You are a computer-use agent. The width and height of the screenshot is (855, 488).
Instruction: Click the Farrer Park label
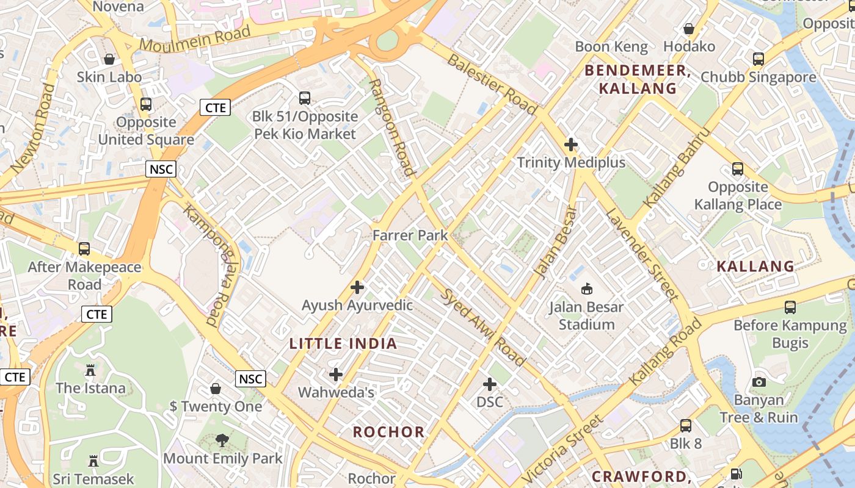pyautogui.click(x=410, y=235)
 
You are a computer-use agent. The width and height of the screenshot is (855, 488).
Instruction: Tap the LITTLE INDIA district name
pyautogui.click(x=343, y=343)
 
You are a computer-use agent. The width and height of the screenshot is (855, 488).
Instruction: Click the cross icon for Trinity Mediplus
pyautogui.click(x=571, y=145)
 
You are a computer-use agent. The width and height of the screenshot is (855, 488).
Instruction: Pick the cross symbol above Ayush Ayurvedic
pyautogui.click(x=357, y=287)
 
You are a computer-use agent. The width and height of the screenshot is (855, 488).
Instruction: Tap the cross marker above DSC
pyautogui.click(x=490, y=384)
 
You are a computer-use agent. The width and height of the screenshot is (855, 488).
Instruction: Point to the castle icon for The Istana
pyautogui.click(x=90, y=370)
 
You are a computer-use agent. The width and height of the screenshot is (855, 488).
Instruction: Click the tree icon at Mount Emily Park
pyautogui.click(x=222, y=440)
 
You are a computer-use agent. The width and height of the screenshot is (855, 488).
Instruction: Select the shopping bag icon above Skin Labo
pyautogui.click(x=109, y=59)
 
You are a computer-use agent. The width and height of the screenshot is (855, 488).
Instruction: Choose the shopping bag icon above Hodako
pyautogui.click(x=689, y=29)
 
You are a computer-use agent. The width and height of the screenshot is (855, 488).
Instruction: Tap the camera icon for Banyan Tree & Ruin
pyautogui.click(x=759, y=382)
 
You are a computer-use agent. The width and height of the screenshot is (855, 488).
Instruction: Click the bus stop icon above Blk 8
pyautogui.click(x=686, y=425)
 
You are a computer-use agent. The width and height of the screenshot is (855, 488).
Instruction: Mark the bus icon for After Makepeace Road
pyautogui.click(x=84, y=249)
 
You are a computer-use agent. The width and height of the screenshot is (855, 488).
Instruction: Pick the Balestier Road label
pyautogui.click(x=492, y=84)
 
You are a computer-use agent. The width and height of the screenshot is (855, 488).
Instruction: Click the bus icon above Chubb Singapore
pyautogui.click(x=759, y=59)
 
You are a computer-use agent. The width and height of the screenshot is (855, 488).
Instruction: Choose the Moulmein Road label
pyautogui.click(x=195, y=38)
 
